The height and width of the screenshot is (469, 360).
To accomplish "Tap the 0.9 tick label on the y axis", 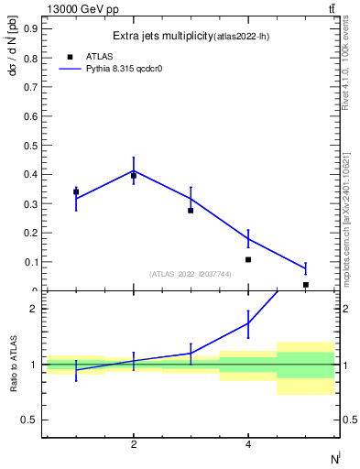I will pyautogui.click(x=30, y=27).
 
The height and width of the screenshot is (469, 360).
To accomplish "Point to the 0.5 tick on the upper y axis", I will pyautogui.click(x=30, y=145).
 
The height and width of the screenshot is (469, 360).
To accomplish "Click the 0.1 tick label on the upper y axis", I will pyautogui.click(x=30, y=261).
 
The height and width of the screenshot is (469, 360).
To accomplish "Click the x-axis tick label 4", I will pyautogui.click(x=248, y=444).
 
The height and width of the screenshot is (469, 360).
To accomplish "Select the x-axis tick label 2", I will pyautogui.click(x=134, y=444).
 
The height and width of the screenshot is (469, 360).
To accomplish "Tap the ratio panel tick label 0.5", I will pyautogui.click(x=28, y=420).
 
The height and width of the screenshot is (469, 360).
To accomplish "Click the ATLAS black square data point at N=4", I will pyautogui.click(x=248, y=259).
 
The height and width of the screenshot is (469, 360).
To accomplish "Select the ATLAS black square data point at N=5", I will pyautogui.click(x=305, y=285).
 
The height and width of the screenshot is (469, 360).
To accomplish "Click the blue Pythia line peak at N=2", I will pyautogui.click(x=134, y=169).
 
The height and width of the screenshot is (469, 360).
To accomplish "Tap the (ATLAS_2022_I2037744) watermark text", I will pyautogui.click(x=191, y=274).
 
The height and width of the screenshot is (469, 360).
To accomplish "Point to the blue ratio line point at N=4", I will pyautogui.click(x=248, y=322).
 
